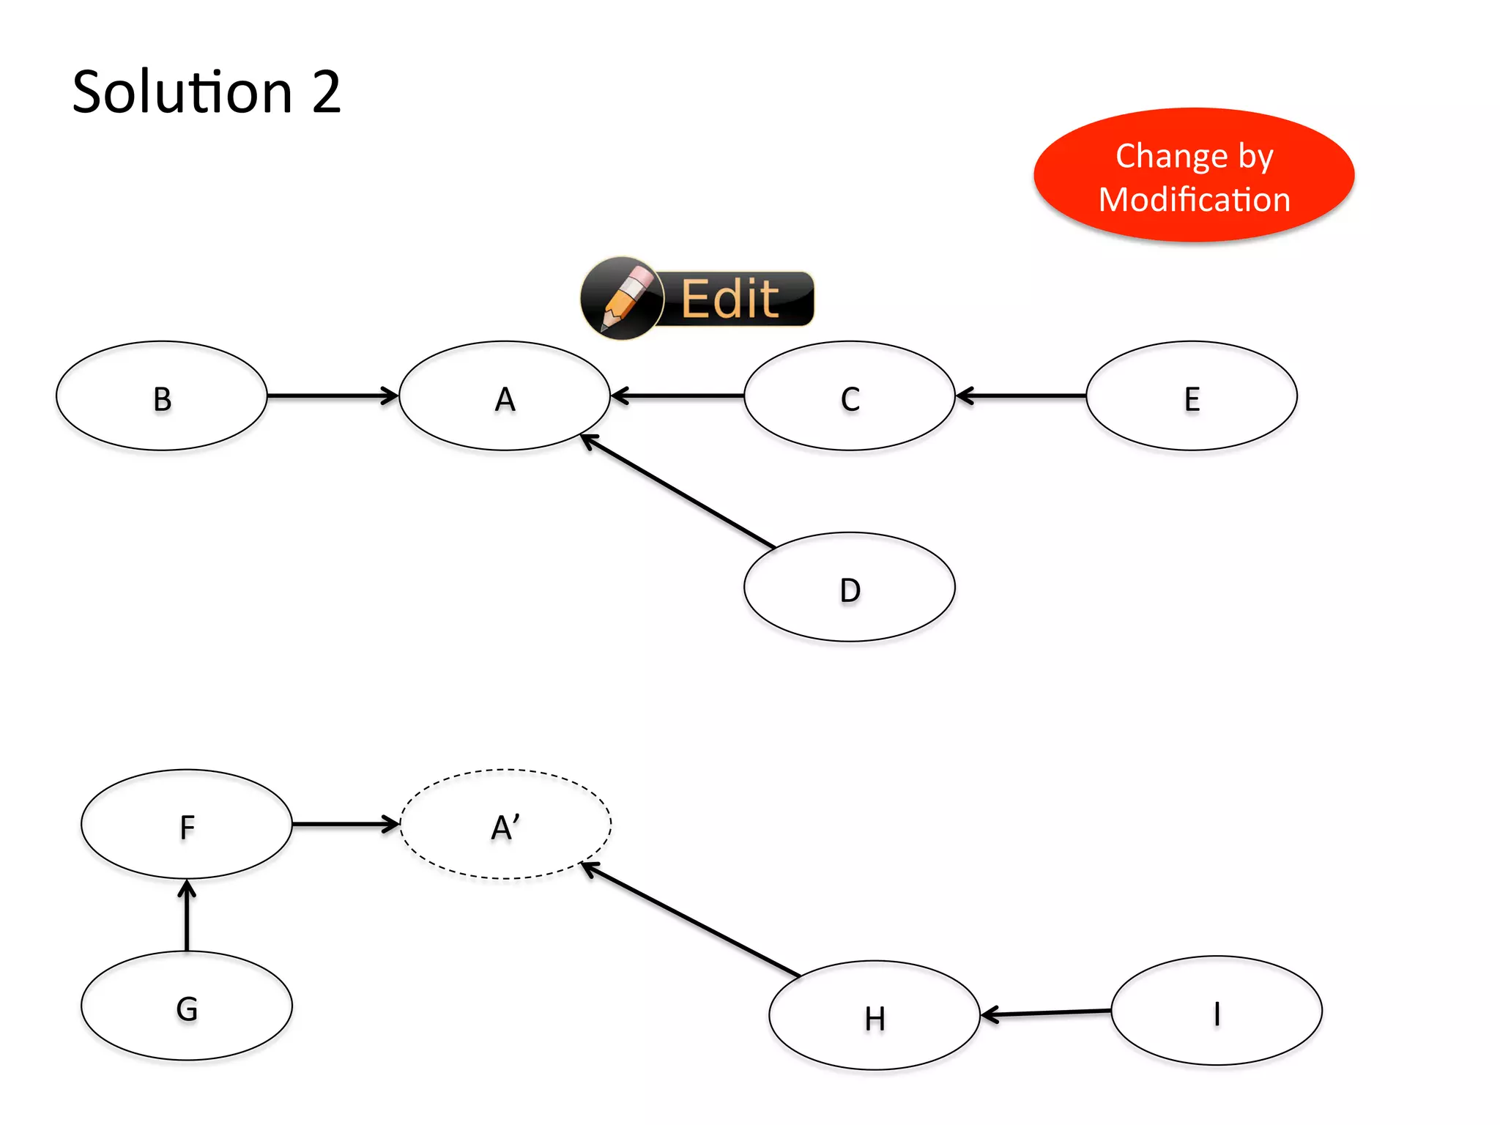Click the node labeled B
click(x=162, y=396)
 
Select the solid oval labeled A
click(x=505, y=396)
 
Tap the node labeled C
click(x=850, y=396)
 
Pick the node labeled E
click(x=1192, y=396)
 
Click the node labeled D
click(x=850, y=587)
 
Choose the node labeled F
click(x=187, y=825)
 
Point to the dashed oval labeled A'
click(x=505, y=825)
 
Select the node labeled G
click(x=187, y=1006)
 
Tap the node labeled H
click(x=875, y=1016)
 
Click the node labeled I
click(x=1217, y=1011)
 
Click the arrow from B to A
click(x=333, y=396)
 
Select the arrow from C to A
click(x=677, y=396)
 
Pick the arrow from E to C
click(x=1022, y=396)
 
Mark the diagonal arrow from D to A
click(x=677, y=491)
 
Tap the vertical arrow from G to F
click(x=187, y=916)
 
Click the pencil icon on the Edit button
click(x=622, y=298)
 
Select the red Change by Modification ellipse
click(x=1194, y=176)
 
